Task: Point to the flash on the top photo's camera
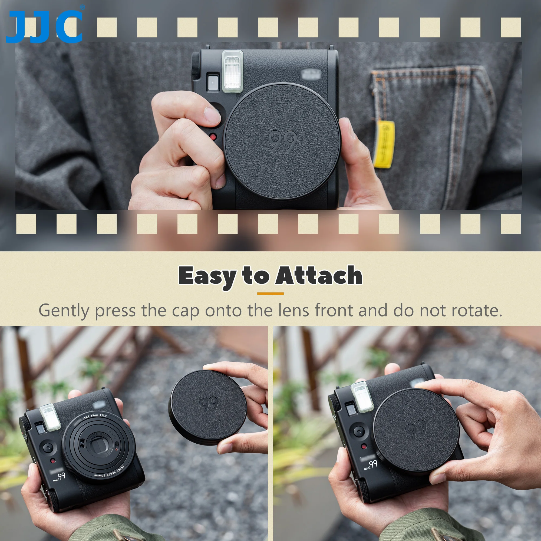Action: coord(232,71)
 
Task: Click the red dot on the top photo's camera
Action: coord(213,137)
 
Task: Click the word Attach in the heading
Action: coord(319,276)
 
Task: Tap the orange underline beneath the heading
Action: coord(270,294)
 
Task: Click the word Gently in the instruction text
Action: coord(64,311)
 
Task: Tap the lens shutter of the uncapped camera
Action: coord(98,445)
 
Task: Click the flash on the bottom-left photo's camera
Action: coord(50,417)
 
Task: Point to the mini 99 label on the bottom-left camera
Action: coord(59,477)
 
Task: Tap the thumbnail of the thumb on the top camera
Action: coord(212,115)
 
